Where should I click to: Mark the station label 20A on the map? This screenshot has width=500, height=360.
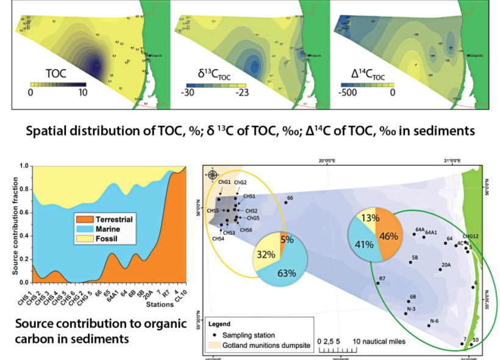(446, 265)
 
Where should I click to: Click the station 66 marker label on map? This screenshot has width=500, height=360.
(290, 198)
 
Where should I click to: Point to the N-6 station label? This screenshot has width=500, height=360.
(435, 321)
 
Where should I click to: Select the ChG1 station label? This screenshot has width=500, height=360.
(224, 182)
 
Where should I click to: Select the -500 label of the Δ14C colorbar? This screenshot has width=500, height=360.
(346, 92)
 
